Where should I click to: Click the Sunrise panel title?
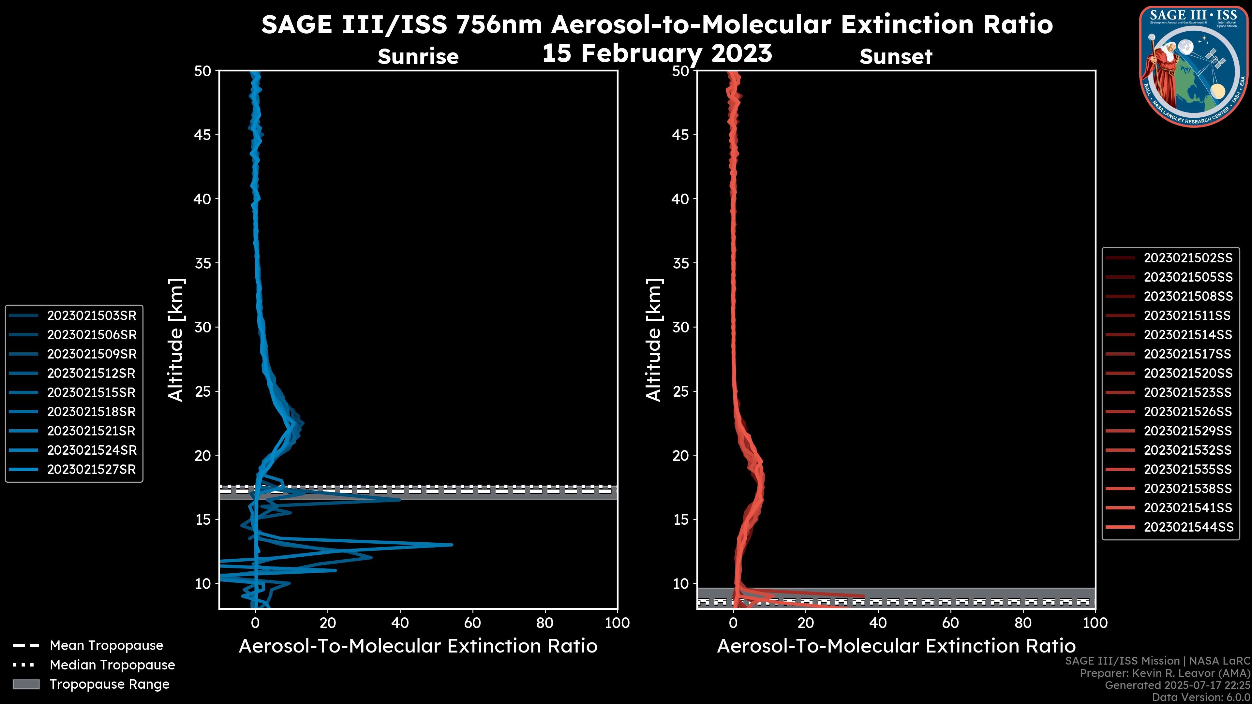418,56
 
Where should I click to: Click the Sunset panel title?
896,56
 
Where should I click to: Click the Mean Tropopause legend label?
106,646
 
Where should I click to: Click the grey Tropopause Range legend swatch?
26,684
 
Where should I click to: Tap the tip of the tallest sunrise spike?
452,545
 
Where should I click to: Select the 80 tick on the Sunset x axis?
1023,623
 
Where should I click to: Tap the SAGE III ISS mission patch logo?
1194,66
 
